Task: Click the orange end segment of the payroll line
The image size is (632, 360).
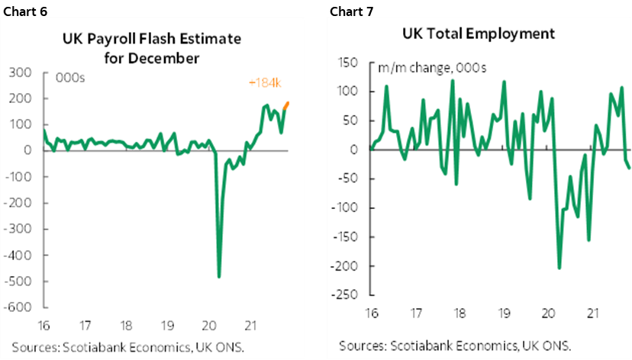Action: click(x=288, y=104)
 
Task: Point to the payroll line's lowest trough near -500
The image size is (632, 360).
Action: click(x=219, y=276)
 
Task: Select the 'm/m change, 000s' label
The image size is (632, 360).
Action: click(x=424, y=68)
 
